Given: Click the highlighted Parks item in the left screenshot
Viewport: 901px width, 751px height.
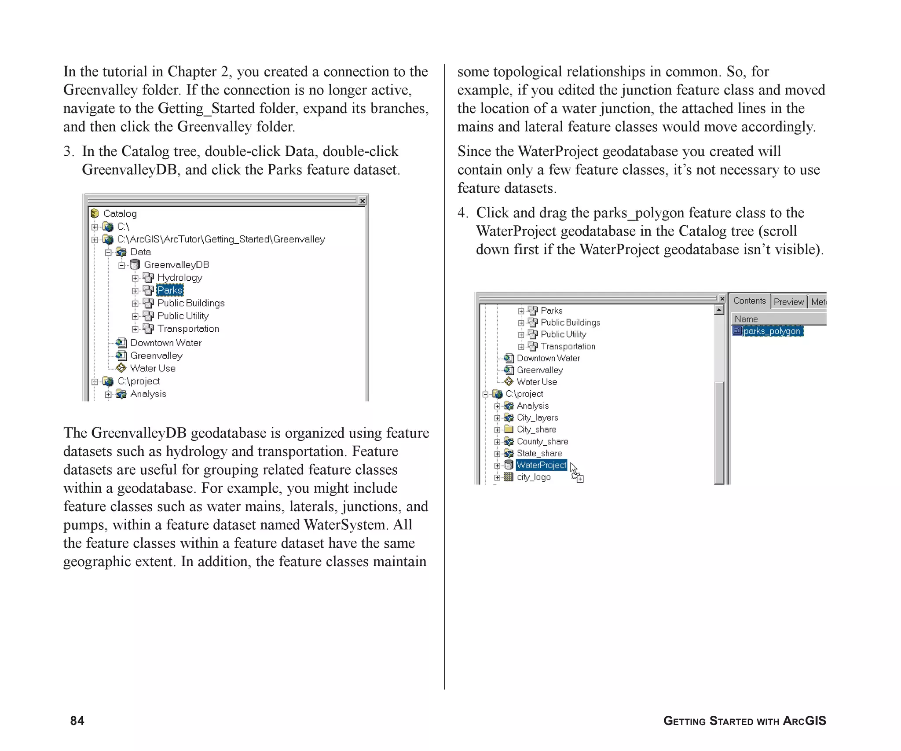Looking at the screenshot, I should pyautogui.click(x=170, y=290).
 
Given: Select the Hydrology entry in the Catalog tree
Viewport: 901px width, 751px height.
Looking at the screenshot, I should pyautogui.click(x=179, y=278).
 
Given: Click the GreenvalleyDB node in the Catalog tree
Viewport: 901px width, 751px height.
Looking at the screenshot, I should pyautogui.click(x=176, y=265).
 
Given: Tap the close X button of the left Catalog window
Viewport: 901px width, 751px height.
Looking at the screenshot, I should pyautogui.click(x=363, y=201).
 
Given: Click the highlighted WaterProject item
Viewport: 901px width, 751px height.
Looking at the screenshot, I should pyautogui.click(x=541, y=465).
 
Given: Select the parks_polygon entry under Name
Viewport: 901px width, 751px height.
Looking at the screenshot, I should pyautogui.click(x=771, y=331).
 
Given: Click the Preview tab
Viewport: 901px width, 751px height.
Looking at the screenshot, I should pyautogui.click(x=788, y=302).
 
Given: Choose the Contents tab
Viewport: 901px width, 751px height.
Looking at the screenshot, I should pyautogui.click(x=750, y=301).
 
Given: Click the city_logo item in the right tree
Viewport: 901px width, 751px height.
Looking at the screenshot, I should pyautogui.click(x=533, y=477).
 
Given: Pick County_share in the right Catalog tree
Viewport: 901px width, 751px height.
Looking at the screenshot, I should pyautogui.click(x=542, y=441).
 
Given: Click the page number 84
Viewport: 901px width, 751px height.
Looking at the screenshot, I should pyautogui.click(x=77, y=721).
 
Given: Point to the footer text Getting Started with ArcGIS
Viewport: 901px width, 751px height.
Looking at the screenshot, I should pyautogui.click(x=744, y=721).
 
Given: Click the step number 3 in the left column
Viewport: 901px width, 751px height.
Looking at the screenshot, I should pyautogui.click(x=68, y=151).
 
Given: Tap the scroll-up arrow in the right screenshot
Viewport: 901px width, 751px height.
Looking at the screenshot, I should pyautogui.click(x=719, y=310).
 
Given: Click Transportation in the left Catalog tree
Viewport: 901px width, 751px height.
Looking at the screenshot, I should pyautogui.click(x=188, y=329).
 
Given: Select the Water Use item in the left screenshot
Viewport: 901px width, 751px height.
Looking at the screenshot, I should pyautogui.click(x=153, y=368).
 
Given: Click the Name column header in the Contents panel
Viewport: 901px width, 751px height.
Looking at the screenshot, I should pyautogui.click(x=746, y=319).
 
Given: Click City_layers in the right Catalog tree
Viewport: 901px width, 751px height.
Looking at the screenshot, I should pyautogui.click(x=537, y=418).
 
